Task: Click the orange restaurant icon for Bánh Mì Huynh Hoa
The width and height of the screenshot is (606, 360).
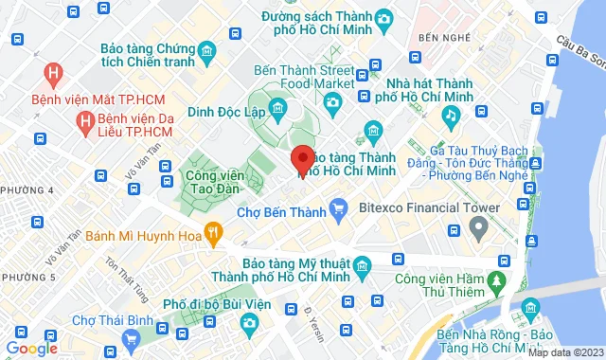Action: pos(215,229)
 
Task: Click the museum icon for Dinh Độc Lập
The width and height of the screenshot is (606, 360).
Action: pos(277,109)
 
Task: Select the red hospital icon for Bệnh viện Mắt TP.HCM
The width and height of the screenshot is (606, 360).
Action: pos(54,71)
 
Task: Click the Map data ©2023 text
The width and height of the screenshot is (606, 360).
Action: pos(565,352)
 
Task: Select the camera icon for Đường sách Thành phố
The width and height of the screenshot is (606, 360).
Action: pos(383,18)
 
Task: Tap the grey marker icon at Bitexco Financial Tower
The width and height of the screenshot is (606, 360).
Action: pos(478,227)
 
